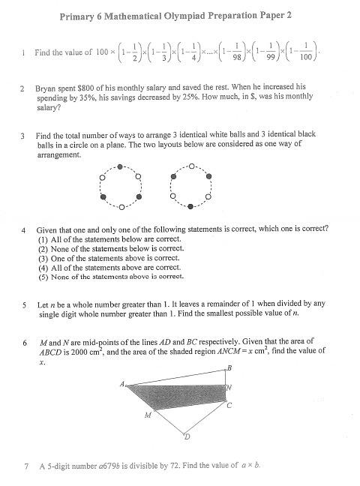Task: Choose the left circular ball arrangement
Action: coord(120,185)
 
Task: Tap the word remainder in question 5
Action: coord(193,305)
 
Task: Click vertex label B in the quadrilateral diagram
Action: coord(229,367)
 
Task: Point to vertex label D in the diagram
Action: coord(187,439)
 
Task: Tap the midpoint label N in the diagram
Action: coord(229,388)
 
